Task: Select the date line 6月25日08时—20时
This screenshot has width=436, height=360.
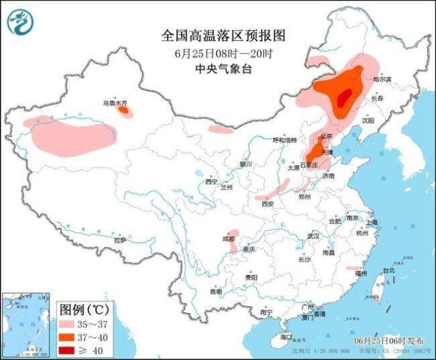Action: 215,53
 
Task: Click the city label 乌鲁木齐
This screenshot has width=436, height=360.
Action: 114,103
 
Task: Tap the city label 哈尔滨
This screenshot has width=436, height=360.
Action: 383,80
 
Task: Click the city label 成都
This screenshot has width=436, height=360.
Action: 228,239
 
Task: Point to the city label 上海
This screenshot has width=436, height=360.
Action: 371,222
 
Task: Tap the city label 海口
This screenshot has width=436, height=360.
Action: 285,337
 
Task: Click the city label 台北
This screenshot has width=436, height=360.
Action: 388,270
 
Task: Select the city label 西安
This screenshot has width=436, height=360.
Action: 267,203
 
